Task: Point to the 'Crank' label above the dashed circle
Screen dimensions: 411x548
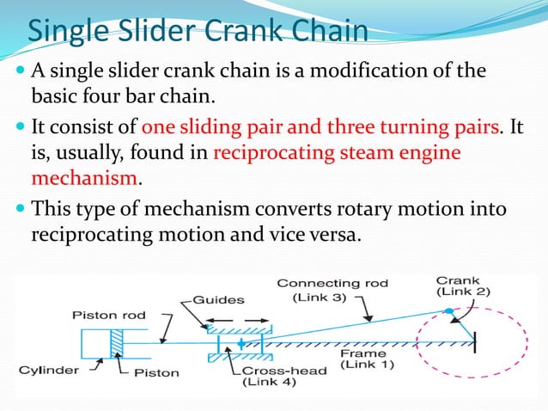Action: tap(458, 280)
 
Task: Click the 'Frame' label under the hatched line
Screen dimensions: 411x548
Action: tap(362, 353)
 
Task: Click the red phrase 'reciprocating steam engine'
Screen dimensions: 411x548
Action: tap(336, 154)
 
